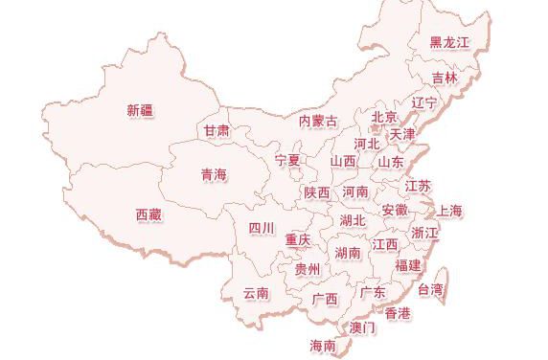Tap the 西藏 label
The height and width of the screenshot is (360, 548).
click(x=148, y=214)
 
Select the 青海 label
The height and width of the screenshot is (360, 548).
click(x=214, y=174)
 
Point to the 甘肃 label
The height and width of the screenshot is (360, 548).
click(x=217, y=130)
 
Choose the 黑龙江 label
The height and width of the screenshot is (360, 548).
click(x=449, y=42)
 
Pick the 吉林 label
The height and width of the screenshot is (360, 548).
click(x=444, y=78)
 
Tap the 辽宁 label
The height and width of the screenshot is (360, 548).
click(x=423, y=102)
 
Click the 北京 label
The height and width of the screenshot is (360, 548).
click(x=383, y=117)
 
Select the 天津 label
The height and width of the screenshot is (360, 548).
click(x=402, y=134)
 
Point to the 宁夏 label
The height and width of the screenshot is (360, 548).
click(x=287, y=159)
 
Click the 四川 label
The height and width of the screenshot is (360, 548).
click(x=262, y=228)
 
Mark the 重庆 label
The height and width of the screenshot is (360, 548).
click(x=297, y=239)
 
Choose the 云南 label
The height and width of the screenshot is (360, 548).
click(x=256, y=293)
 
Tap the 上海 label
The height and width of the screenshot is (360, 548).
click(x=450, y=211)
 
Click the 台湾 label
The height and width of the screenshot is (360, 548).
click(x=431, y=288)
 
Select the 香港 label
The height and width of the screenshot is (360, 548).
click(x=398, y=313)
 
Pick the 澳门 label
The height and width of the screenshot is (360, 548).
click(x=363, y=327)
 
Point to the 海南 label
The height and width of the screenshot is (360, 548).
click(x=323, y=345)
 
